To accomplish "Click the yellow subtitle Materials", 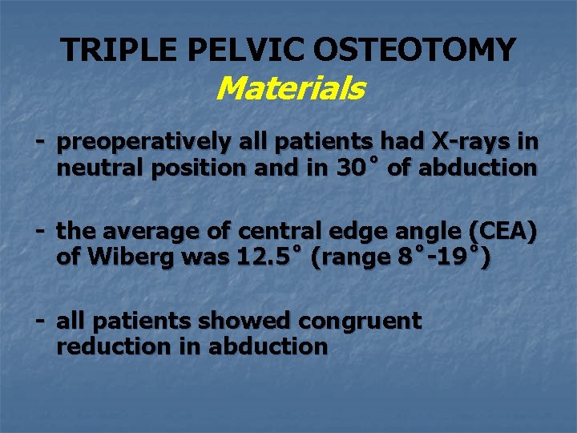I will click(290, 88).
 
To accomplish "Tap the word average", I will click(154, 233).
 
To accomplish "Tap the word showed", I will click(245, 322).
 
